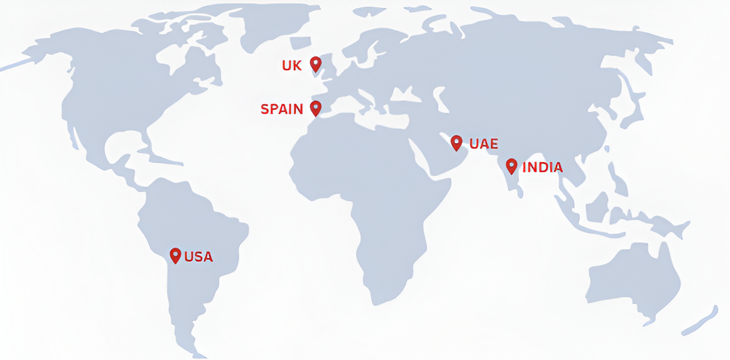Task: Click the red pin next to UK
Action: click(x=316, y=64)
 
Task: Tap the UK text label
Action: click(x=292, y=66)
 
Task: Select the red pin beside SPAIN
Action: click(x=316, y=107)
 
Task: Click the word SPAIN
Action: click(x=282, y=109)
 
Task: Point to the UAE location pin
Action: click(x=457, y=142)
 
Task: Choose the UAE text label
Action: click(x=483, y=144)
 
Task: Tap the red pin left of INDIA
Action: click(x=511, y=165)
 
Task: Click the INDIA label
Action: click(x=542, y=167)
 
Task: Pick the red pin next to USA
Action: click(x=176, y=255)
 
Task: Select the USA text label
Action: click(x=198, y=257)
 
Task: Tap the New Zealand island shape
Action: click(x=701, y=321)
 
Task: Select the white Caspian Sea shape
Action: click(x=442, y=101)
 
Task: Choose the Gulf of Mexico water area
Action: click(x=126, y=143)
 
